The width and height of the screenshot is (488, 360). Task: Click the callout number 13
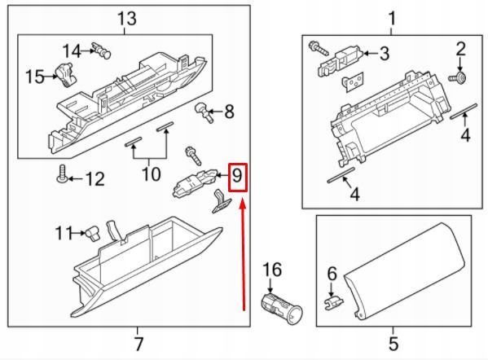click(x=126, y=17)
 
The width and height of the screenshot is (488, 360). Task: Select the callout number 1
click(x=391, y=17)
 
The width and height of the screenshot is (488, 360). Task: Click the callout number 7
click(x=138, y=342)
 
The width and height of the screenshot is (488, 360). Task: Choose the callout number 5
click(x=391, y=342)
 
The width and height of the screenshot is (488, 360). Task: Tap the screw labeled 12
click(x=61, y=173)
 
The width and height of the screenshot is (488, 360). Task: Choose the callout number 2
click(x=460, y=49)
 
